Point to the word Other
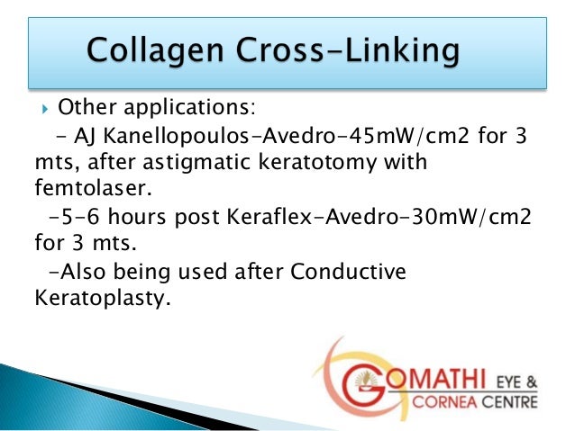pyautogui.click(x=81, y=110)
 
